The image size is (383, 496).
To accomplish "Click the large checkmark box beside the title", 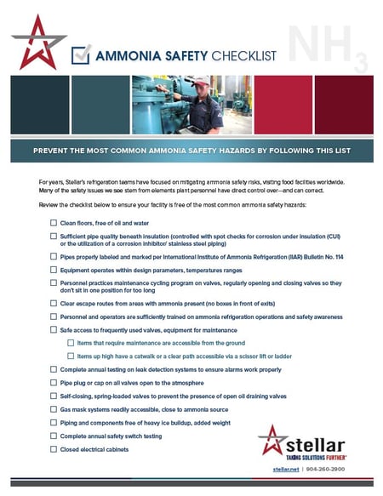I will tap(81, 54).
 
